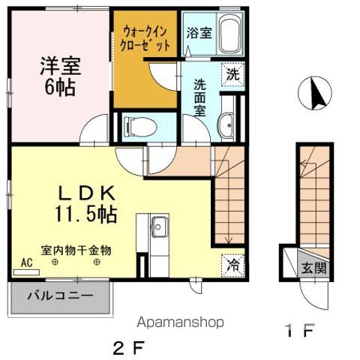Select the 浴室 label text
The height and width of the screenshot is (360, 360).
[x=198, y=34]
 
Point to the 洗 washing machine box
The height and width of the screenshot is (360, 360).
[x=233, y=74]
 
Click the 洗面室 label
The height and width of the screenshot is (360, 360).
[x=201, y=96]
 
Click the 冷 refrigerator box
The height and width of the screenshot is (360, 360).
[x=233, y=263]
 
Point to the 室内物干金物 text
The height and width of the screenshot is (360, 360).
[x=76, y=250]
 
